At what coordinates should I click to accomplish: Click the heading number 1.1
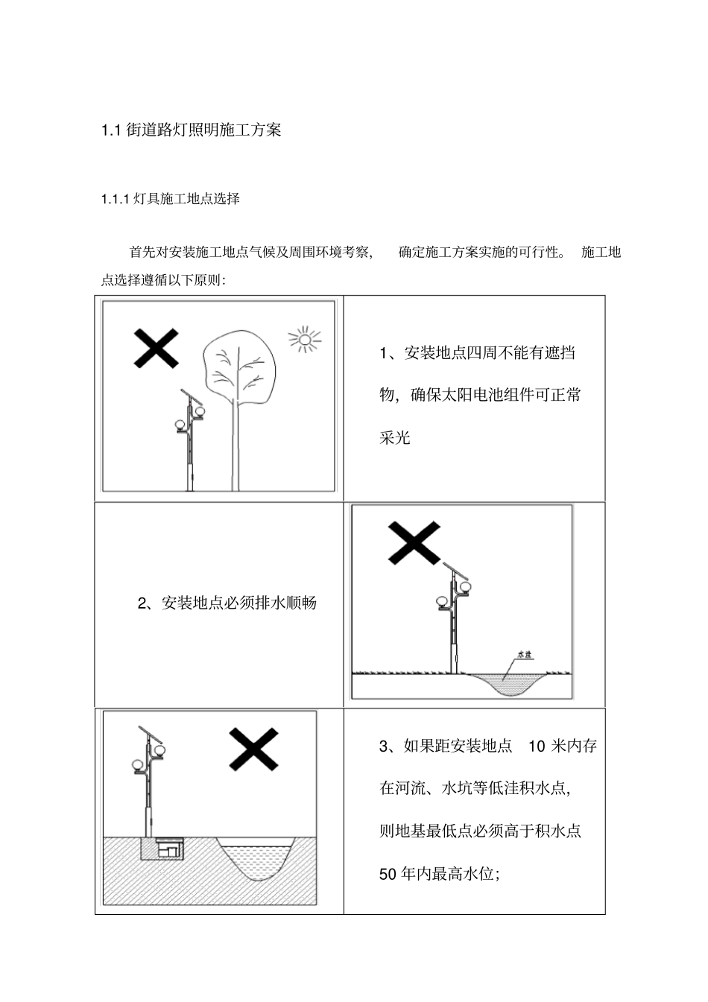tap(110, 130)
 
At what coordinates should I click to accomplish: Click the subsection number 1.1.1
tap(116, 199)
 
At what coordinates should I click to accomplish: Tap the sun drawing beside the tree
tap(304, 339)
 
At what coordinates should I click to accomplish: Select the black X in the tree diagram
tap(156, 348)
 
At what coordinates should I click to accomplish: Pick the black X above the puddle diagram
tap(414, 542)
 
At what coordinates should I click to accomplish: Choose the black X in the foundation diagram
tap(253, 749)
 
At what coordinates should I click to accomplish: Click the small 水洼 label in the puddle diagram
tap(525, 655)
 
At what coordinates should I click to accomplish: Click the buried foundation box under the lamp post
tap(162, 848)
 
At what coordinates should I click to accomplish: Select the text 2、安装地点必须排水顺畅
tap(227, 603)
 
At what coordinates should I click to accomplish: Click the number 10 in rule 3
tap(537, 746)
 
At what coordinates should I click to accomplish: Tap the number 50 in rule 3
tap(388, 875)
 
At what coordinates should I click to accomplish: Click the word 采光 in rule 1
tap(395, 437)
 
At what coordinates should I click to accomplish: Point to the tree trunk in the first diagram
tap(236, 447)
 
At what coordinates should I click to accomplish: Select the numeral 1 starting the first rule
tap(383, 353)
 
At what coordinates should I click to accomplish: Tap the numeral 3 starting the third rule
tap(384, 746)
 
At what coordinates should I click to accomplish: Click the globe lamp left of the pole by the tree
tap(180, 425)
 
